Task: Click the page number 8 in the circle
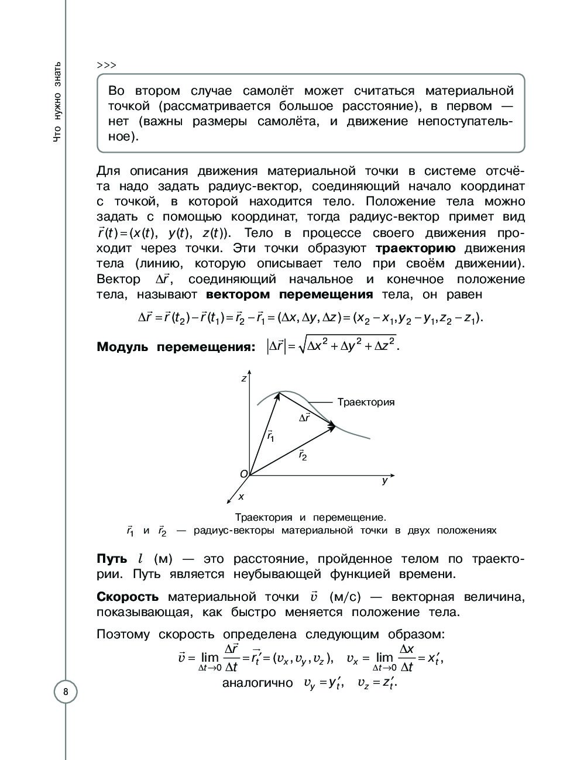coord(66,692)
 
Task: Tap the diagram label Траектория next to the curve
coord(366,403)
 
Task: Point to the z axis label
coord(243,379)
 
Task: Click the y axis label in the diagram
coord(384,481)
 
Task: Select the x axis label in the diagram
coord(241,496)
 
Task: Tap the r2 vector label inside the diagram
coord(303,454)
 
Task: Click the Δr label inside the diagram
coord(304,418)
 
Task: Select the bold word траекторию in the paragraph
coord(415,248)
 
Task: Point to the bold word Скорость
coord(128,597)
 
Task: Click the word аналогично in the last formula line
coord(257,683)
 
